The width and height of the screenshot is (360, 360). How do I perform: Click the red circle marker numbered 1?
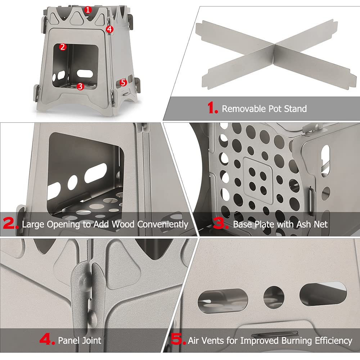pyautogui.click(x=88, y=10)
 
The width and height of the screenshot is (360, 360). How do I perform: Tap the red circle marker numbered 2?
pyautogui.click(x=63, y=47)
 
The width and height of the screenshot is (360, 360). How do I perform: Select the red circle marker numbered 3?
pyautogui.click(x=80, y=86)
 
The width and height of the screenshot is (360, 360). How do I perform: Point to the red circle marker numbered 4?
pyautogui.click(x=110, y=29)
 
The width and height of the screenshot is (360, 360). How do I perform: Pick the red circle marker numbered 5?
pyautogui.click(x=123, y=82)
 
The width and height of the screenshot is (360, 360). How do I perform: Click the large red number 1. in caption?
pyautogui.click(x=212, y=108)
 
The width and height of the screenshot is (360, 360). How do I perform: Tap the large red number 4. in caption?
pyautogui.click(x=46, y=340)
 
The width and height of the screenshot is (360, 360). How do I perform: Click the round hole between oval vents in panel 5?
pyautogui.click(x=274, y=297)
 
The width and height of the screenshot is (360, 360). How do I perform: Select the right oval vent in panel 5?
pyautogui.click(x=323, y=293)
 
